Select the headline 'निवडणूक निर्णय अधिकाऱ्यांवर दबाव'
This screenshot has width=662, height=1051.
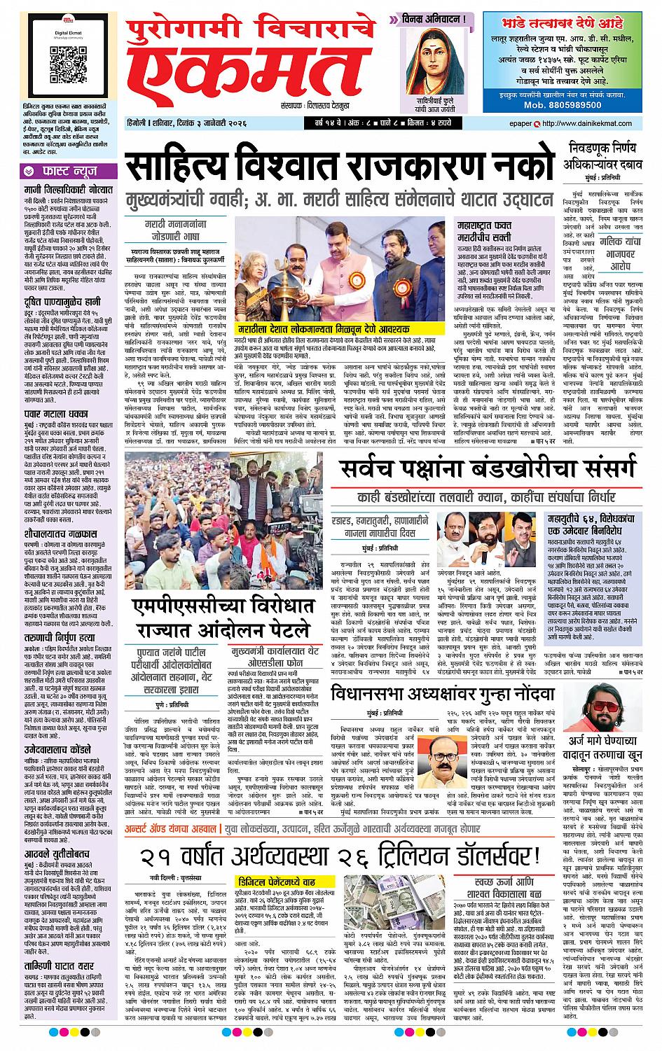click(607, 155)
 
